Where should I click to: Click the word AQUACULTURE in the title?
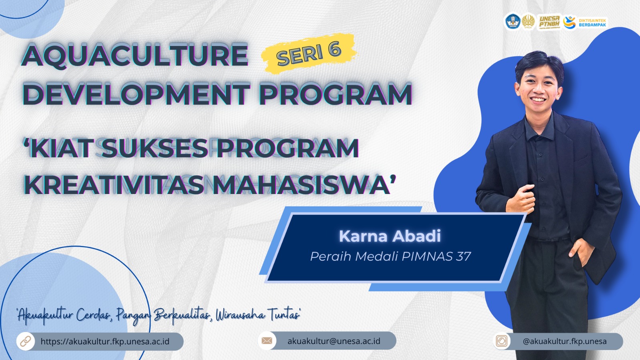(x=135, y=56)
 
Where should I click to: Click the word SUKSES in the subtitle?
(x=154, y=148)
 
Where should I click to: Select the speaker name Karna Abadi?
(x=390, y=236)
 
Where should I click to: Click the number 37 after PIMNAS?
(x=464, y=256)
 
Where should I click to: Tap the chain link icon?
(x=26, y=341)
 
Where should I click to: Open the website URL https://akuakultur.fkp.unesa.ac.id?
(x=105, y=342)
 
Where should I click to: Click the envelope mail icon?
(x=266, y=340)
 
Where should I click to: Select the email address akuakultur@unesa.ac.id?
(x=334, y=341)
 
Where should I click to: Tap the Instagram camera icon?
(x=502, y=341)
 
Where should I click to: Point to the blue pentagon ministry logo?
(x=513, y=22)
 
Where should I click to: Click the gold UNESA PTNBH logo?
(x=550, y=22)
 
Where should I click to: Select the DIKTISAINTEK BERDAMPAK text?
(x=592, y=22)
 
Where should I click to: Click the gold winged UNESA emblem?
(x=528, y=22)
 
